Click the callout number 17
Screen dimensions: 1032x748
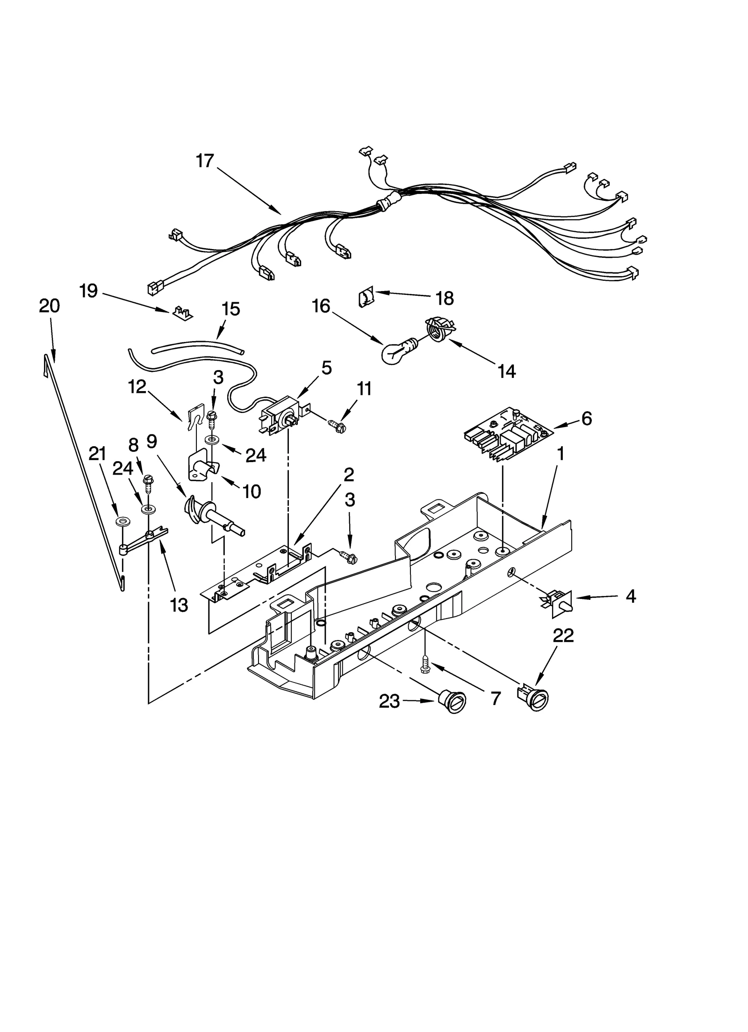(x=204, y=161)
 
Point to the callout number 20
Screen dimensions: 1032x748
(x=49, y=306)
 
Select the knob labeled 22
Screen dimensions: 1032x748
(x=532, y=698)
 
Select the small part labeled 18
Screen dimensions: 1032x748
(x=365, y=297)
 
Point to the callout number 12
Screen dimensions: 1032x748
(x=137, y=387)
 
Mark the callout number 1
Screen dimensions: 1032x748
(x=560, y=454)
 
